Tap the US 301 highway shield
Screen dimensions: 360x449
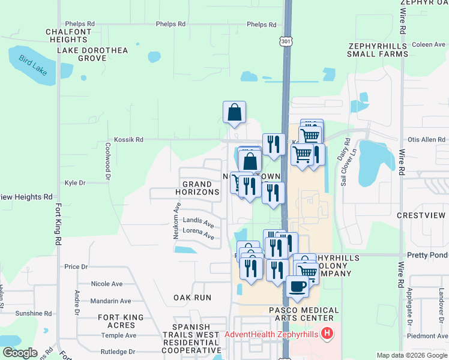point(285,40)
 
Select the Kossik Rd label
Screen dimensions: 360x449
point(131,140)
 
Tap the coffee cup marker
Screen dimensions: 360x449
point(297,287)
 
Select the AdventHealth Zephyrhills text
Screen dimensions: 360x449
point(273,334)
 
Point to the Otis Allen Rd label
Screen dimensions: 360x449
point(426,140)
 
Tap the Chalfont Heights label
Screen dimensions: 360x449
point(71,35)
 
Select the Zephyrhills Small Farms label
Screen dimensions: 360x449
point(378,50)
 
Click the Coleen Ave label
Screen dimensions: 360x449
point(429,44)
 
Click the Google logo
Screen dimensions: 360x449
point(20,353)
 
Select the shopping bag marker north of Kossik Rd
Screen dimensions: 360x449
point(234,112)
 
